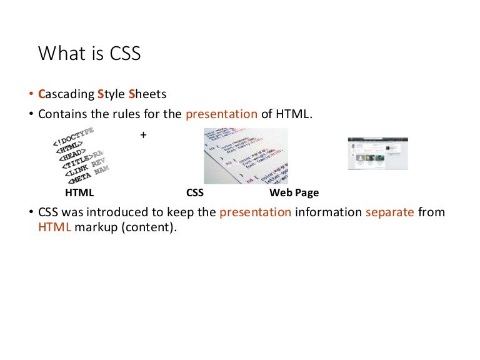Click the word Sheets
[x=147, y=96]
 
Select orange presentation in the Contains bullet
[x=222, y=114]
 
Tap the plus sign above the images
[x=144, y=134]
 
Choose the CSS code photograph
[x=246, y=156]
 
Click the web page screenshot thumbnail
[x=377, y=154]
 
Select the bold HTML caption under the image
[x=79, y=193]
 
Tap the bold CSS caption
[x=195, y=193]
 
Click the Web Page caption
[x=294, y=193]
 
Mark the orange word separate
[x=390, y=212]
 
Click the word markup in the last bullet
[x=92, y=228]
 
